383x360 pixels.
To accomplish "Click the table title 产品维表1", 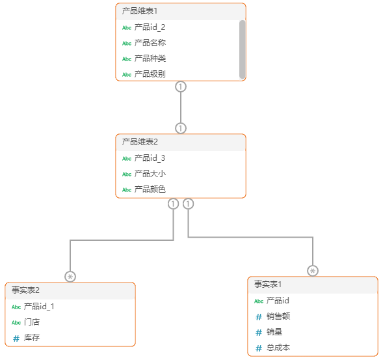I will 139,11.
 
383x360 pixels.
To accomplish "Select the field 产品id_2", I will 150,27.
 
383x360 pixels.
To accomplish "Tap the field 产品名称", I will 150,43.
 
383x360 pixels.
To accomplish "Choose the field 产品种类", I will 150,59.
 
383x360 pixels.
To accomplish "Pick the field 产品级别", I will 150,74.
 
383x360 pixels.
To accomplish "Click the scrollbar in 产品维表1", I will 243,49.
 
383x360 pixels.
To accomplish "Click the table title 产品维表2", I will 139,141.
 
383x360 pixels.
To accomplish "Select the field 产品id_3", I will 150,158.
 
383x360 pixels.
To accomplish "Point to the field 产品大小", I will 150,174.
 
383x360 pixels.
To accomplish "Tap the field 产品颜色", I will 150,189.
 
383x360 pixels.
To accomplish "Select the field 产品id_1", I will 39,307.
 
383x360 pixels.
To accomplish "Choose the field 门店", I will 33,322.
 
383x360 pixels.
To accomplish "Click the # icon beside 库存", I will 16,338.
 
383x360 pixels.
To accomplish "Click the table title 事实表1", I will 268,284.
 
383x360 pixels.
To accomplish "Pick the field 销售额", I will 278,316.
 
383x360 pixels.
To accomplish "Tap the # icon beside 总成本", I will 259,348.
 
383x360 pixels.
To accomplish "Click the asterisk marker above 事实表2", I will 70,277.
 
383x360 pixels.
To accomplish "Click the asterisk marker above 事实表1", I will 313,271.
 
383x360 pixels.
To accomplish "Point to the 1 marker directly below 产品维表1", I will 181,86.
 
